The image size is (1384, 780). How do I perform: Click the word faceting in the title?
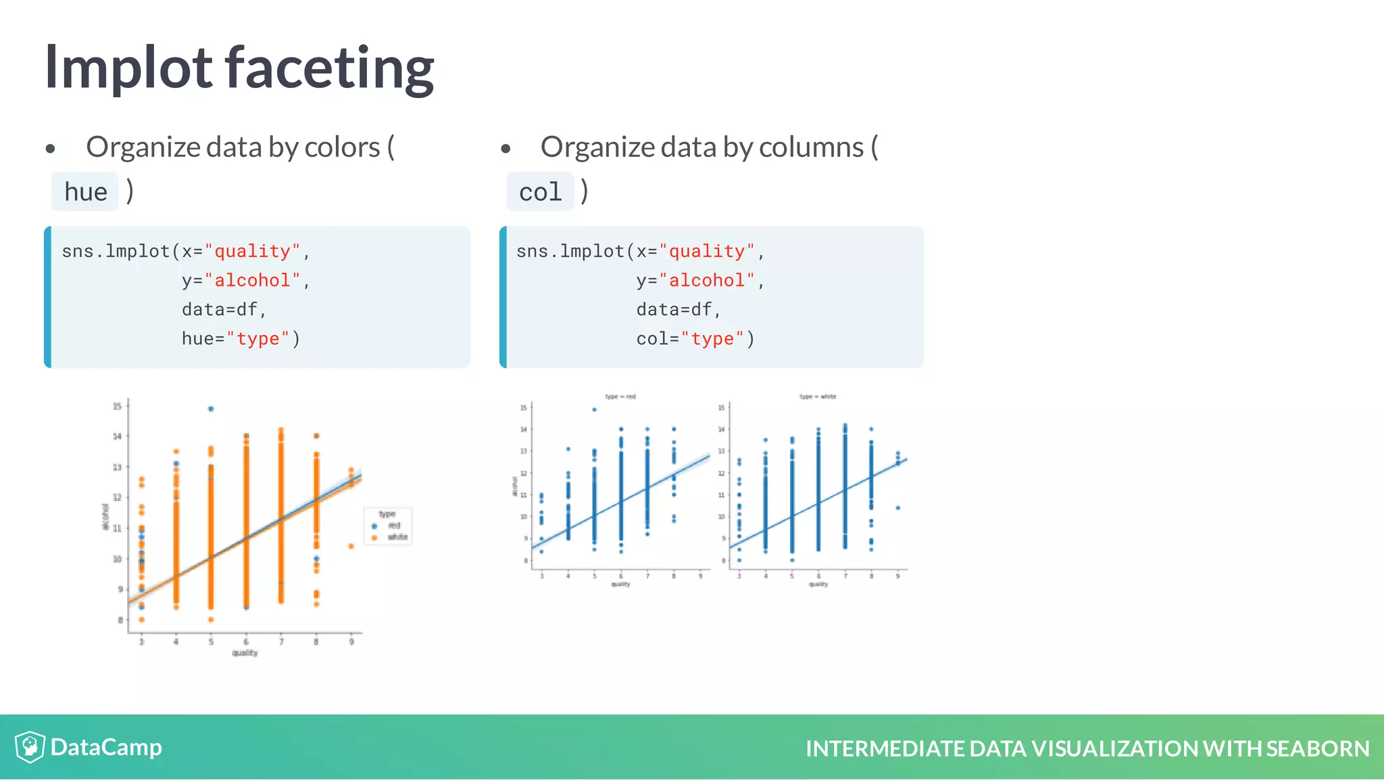click(x=329, y=68)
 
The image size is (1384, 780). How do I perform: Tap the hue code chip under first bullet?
click(x=85, y=192)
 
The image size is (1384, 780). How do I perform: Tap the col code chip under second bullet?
click(x=540, y=192)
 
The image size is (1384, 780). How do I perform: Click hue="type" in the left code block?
click(x=241, y=339)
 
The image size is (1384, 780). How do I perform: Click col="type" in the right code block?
click(x=695, y=339)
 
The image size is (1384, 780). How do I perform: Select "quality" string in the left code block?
click(x=252, y=251)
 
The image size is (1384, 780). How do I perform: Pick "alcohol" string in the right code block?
click(x=707, y=281)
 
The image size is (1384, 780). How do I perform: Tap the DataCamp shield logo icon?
click(x=30, y=747)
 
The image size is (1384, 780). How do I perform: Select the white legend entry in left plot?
click(x=397, y=537)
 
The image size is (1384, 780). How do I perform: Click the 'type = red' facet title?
click(x=620, y=397)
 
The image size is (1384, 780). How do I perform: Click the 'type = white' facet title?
click(x=818, y=397)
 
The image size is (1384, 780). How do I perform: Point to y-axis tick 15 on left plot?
click(x=118, y=406)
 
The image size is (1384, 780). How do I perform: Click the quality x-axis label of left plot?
click(x=245, y=653)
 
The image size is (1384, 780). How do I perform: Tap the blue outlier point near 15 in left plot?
click(x=211, y=409)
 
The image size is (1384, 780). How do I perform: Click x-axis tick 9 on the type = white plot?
click(x=897, y=576)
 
